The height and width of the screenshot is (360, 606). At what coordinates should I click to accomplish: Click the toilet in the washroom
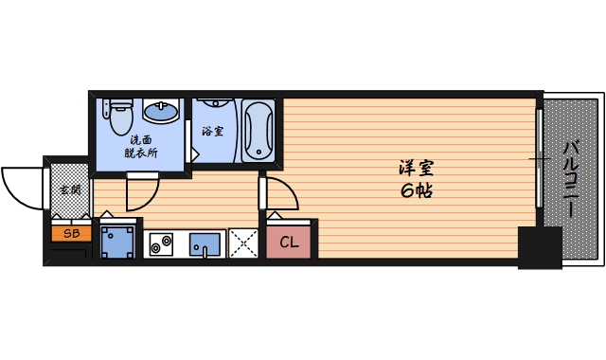tap(119, 118)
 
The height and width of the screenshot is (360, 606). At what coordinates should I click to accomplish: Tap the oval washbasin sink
tap(161, 114)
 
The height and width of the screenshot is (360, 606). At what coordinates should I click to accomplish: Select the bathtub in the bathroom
tap(258, 133)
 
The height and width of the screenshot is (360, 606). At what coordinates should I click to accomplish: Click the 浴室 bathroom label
tap(212, 131)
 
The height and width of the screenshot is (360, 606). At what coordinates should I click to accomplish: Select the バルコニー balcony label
tap(571, 178)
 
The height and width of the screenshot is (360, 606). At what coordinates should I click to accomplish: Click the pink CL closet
tap(289, 243)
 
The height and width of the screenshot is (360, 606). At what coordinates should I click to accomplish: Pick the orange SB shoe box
tap(71, 232)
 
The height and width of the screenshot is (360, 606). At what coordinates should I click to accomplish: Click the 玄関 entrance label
tap(70, 189)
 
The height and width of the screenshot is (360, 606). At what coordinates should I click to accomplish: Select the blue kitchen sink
tap(204, 244)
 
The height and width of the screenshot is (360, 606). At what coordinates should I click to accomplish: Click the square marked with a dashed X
tap(243, 244)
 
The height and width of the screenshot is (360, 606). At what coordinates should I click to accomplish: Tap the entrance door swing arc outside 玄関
tap(21, 186)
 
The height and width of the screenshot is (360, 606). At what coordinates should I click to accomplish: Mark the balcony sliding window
tap(540, 161)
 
